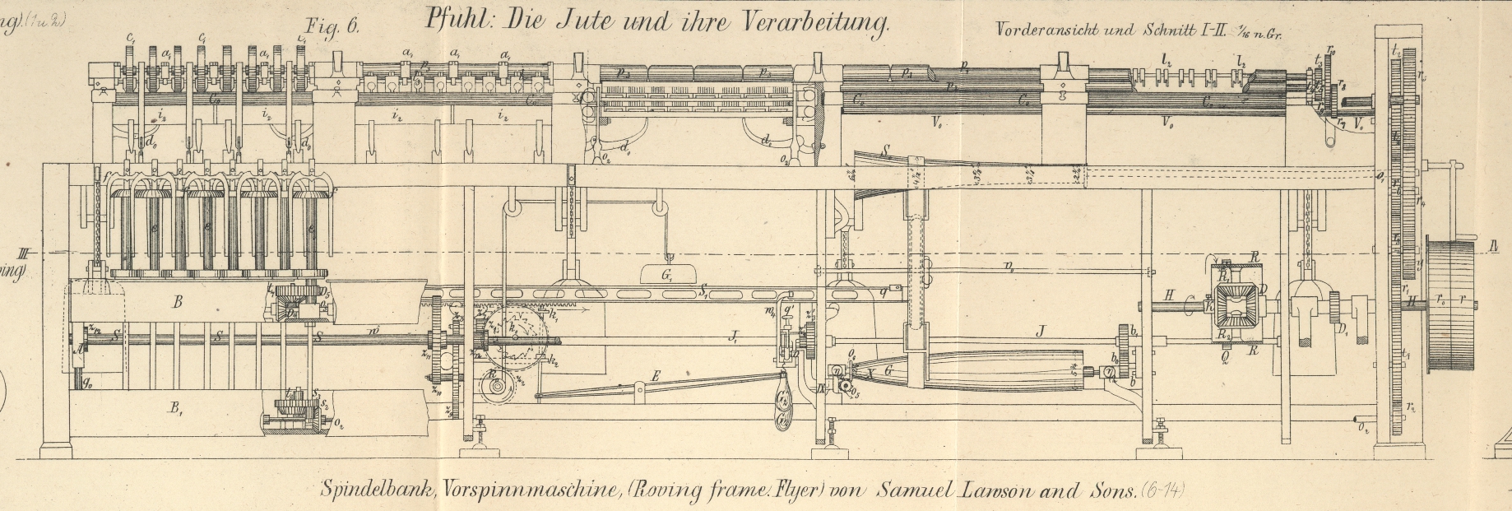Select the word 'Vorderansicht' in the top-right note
tap(1041, 30)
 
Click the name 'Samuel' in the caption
tap(913, 491)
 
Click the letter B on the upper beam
tap(177, 302)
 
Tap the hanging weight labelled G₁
tap(667, 275)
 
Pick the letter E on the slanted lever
tap(656, 377)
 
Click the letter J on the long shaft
tap(1041, 332)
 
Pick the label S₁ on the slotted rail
tap(704, 290)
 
